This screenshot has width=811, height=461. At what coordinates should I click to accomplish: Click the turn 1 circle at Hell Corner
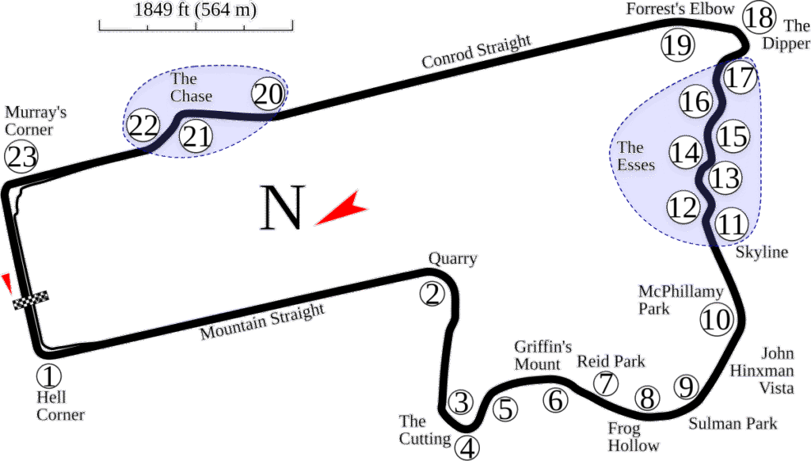click(x=48, y=375)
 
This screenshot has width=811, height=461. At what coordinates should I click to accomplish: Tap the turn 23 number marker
click(x=21, y=157)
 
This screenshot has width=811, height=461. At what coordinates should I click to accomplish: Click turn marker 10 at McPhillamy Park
click(x=716, y=319)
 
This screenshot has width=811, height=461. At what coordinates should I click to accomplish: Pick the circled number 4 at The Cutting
click(x=468, y=448)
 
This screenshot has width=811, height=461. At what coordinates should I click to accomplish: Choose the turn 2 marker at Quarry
click(x=432, y=295)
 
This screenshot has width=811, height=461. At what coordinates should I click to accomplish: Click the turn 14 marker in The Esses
click(x=686, y=152)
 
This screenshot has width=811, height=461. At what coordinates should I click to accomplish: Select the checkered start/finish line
click(x=31, y=300)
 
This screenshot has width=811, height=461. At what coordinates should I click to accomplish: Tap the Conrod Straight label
click(x=478, y=51)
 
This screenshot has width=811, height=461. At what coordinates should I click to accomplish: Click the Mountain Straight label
click(x=262, y=322)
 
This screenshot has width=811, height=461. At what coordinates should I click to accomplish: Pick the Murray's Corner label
click(x=35, y=121)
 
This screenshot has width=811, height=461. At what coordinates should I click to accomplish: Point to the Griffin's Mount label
click(x=543, y=355)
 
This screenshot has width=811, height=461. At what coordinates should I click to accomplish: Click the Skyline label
click(x=762, y=253)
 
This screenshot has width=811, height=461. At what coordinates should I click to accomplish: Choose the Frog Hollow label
click(x=633, y=437)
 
